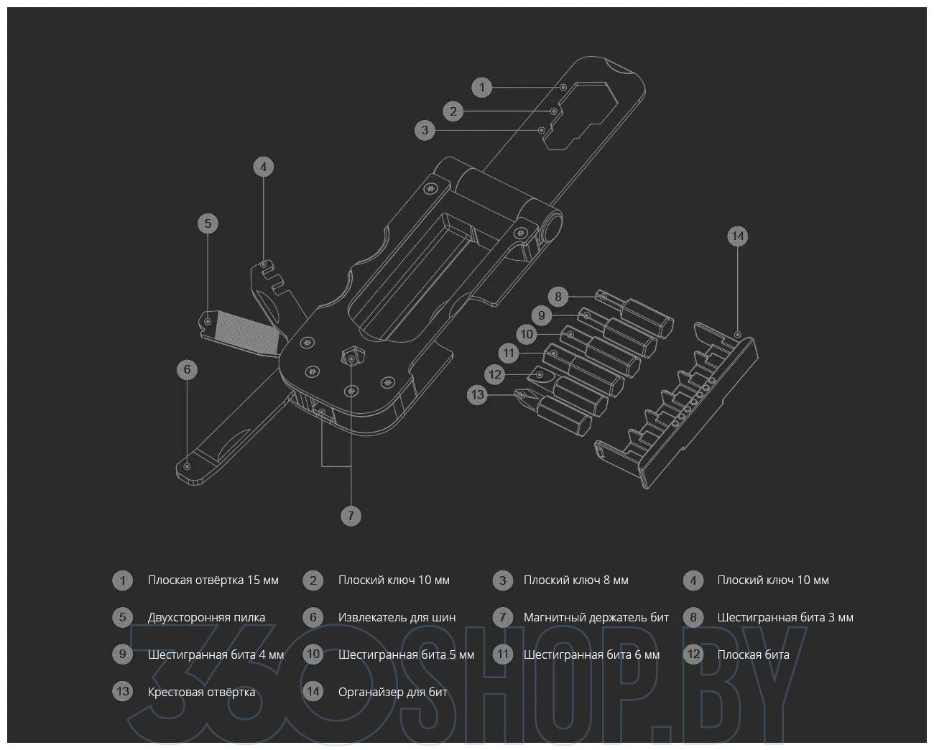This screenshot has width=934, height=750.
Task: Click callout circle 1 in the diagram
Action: coord(482,88)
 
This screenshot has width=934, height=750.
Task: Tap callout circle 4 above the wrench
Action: coord(264,167)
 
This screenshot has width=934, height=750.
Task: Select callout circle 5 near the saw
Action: coord(208,223)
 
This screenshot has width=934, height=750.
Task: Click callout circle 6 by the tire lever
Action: coord(187,370)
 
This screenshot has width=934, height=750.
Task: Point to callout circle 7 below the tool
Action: coord(351,516)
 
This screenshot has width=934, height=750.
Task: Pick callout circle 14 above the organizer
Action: coord(738,236)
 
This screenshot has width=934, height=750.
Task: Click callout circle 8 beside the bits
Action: coord(558,296)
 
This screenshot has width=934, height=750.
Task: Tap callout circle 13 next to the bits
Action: coord(477,394)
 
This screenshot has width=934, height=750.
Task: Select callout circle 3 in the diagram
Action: coord(425,130)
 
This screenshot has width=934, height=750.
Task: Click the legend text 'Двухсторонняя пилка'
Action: coord(206,617)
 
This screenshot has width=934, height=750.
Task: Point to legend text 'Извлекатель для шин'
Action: coord(397,617)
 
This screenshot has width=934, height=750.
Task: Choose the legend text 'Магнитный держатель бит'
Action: coord(596,617)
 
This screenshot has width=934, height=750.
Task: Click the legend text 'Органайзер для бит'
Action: coord(392,692)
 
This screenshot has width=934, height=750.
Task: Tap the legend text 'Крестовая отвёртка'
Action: coord(201,692)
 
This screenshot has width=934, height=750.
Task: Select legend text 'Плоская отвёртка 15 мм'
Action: coord(213,580)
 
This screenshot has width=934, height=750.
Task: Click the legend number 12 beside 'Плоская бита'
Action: coord(693,654)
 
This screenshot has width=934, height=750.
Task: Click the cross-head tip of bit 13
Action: coord(523,394)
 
